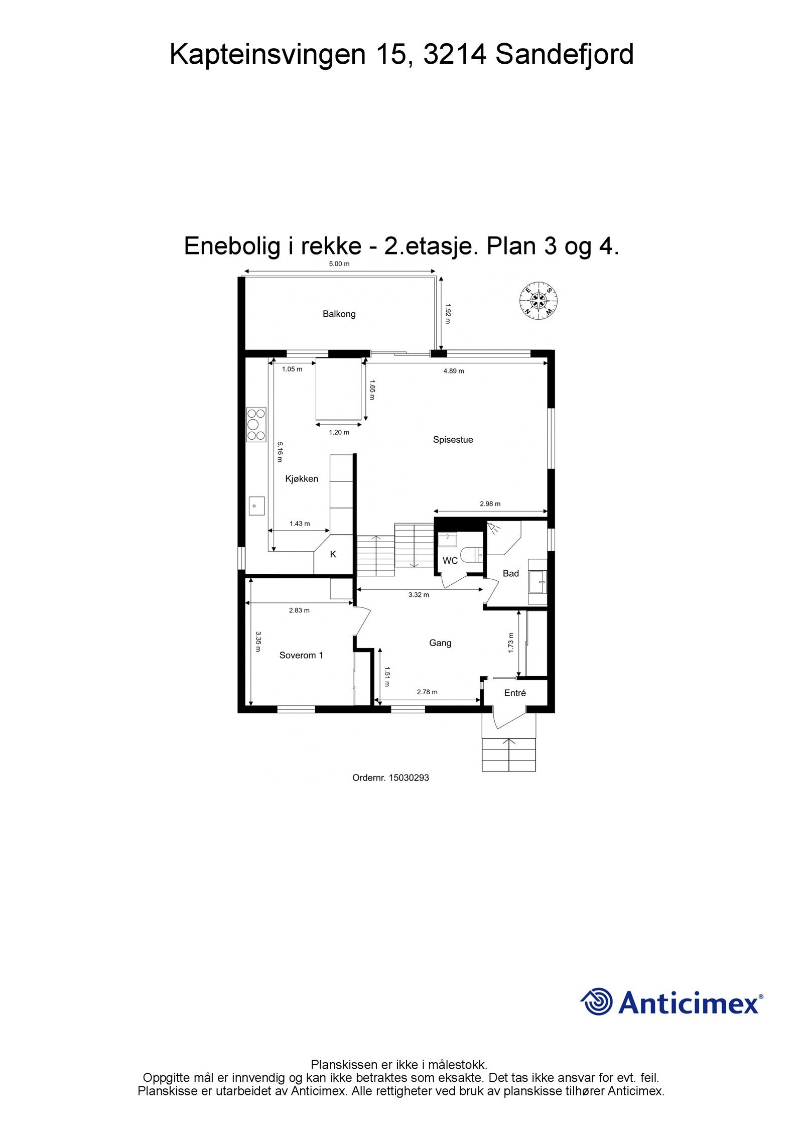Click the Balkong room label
[x=339, y=314]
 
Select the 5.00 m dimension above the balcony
[x=339, y=264]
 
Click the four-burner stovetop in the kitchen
[x=256, y=425]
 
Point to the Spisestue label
[x=453, y=440]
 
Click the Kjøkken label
[x=302, y=479]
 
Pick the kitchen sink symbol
[x=257, y=506]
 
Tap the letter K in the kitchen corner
[x=333, y=555]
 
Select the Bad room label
[x=510, y=573]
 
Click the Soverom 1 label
[x=301, y=655]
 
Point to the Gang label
[x=440, y=643]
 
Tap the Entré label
[x=515, y=693]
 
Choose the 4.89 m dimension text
[x=454, y=371]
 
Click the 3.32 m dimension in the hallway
[x=419, y=595]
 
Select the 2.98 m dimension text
[x=490, y=503]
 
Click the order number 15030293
[x=409, y=778]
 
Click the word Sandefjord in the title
[x=565, y=55]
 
